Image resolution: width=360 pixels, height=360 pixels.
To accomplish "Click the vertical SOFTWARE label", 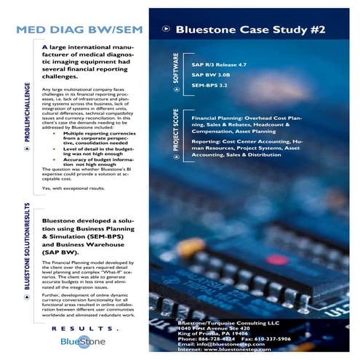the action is coord(175,70).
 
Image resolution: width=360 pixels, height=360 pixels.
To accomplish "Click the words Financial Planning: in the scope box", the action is coord(215,116).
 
